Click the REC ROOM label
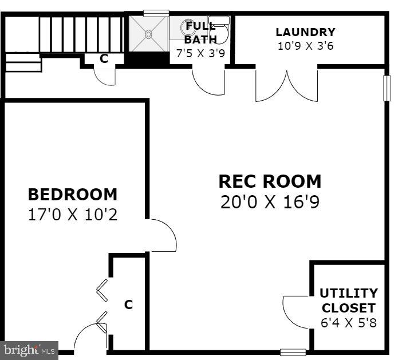270,181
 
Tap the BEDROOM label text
73,195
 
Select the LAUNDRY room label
305,32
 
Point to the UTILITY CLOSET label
348,300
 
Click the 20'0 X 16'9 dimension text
270,202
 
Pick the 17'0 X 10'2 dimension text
73,215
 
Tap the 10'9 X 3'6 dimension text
305,46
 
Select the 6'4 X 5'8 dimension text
348,322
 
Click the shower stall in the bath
148,34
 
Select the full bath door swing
208,80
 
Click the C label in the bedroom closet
128,304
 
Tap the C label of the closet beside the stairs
104,58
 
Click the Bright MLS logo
29,350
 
